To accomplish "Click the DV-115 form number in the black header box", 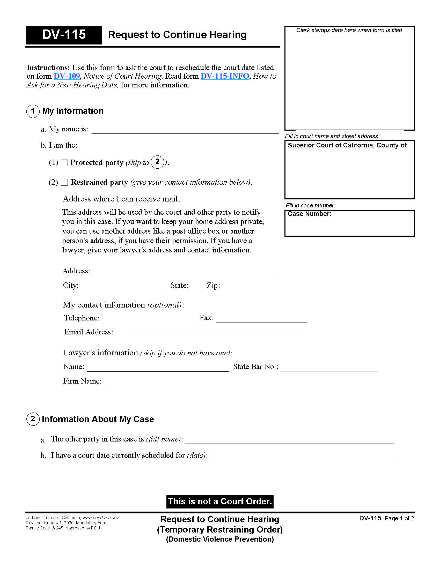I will [x=64, y=35].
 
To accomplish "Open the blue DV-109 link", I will [x=67, y=76].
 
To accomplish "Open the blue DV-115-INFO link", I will [x=225, y=76].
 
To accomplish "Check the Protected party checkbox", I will [x=64, y=163].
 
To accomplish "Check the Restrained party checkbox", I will [x=64, y=182].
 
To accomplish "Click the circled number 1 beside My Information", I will [x=33, y=111].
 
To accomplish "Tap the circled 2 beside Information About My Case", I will [x=33, y=419].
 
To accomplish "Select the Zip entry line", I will [x=248, y=287].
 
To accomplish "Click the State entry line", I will [x=196, y=287].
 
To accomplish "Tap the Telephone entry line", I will [x=150, y=320].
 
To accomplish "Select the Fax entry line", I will [x=261, y=320].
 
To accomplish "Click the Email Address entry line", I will [x=215, y=334].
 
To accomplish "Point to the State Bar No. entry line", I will [x=329, y=368].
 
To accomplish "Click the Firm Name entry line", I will [x=241, y=383].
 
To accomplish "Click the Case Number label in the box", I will [x=309, y=214].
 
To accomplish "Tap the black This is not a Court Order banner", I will [x=220, y=501].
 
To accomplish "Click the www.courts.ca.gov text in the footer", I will [x=101, y=518].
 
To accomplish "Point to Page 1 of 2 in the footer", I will [x=399, y=519].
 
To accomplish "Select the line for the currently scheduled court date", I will [x=302, y=457].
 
